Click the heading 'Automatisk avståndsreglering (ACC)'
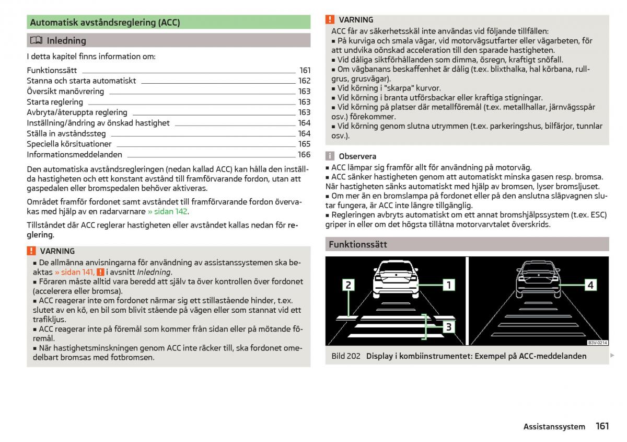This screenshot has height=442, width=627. [105, 22]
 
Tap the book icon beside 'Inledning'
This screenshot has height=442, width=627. [36, 40]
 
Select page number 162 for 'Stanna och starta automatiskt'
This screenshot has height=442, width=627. [304, 81]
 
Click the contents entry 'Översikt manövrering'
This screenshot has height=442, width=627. [65, 91]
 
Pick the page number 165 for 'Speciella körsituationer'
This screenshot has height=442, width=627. [304, 144]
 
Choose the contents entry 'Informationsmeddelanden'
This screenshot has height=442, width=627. [74, 154]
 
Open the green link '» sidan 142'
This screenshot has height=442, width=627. [167, 211]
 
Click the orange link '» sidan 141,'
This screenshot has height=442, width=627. [75, 272]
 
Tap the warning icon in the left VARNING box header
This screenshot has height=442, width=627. [31, 251]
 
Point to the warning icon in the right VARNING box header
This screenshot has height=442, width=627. [330, 19]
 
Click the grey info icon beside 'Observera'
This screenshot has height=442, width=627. [330, 156]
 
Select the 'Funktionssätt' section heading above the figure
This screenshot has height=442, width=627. [358, 244]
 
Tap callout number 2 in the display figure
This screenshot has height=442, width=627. [348, 285]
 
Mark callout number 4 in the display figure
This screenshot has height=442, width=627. [590, 285]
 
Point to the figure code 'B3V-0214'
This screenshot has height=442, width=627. [597, 343]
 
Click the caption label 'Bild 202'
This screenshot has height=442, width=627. [346, 356]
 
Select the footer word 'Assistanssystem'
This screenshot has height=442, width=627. [554, 427]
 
